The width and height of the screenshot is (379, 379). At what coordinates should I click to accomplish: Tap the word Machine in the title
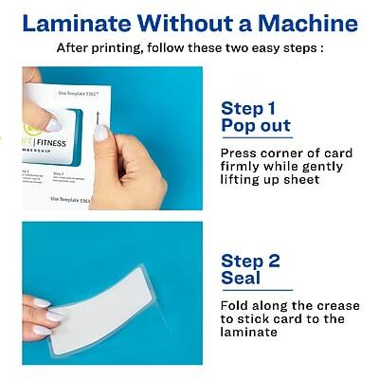click(x=302, y=23)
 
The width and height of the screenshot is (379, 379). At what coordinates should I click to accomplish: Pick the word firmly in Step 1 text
click(x=240, y=166)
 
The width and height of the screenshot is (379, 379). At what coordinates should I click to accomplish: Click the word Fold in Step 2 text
click(x=237, y=305)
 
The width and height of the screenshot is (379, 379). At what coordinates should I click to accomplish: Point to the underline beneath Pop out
click(x=256, y=137)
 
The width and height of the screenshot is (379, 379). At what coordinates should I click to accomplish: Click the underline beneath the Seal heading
click(x=256, y=290)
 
